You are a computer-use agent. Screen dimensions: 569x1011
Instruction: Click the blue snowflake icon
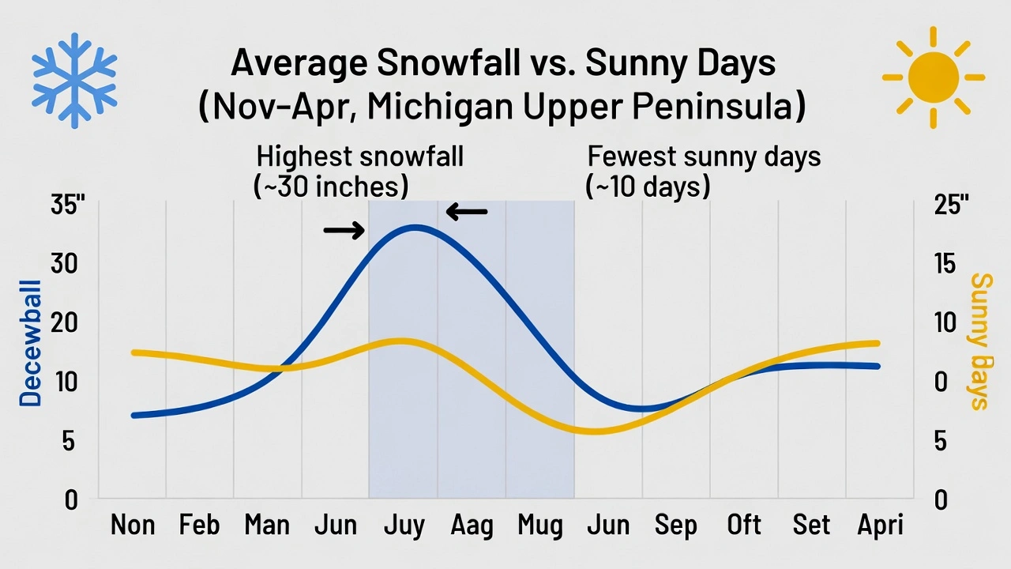pyautogui.click(x=74, y=80)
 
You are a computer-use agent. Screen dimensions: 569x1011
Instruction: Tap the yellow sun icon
pyautogui.click(x=933, y=77)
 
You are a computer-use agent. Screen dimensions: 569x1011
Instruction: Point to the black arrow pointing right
pyautogui.click(x=344, y=231)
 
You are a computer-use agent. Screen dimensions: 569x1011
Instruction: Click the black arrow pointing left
pyautogui.click(x=467, y=212)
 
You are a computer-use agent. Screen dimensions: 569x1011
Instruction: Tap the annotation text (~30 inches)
pyautogui.click(x=331, y=187)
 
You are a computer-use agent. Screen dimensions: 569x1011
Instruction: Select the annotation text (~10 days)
pyautogui.click(x=648, y=187)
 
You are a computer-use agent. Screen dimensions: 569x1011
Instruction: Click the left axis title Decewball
pyautogui.click(x=30, y=343)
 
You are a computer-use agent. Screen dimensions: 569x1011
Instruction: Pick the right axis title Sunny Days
pyautogui.click(x=979, y=341)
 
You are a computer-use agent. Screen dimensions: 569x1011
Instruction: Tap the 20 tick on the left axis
pyautogui.click(x=66, y=323)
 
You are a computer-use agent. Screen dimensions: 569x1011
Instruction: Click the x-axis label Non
pyautogui.click(x=133, y=525)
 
